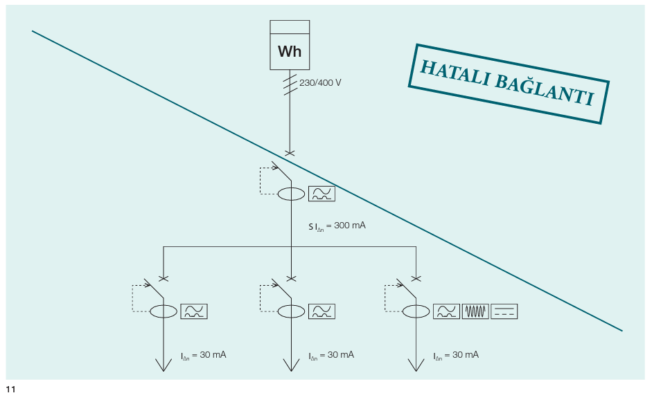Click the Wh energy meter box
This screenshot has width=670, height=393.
pyautogui.click(x=290, y=45)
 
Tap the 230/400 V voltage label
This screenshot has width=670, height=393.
pyautogui.click(x=320, y=83)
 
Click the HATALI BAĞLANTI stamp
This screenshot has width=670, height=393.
pyautogui.click(x=509, y=84)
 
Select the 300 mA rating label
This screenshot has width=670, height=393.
pyautogui.click(x=337, y=226)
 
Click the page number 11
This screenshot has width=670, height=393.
pyautogui.click(x=10, y=389)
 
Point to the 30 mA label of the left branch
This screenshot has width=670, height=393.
pyautogui.click(x=204, y=356)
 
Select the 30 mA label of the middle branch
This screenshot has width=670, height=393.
pyautogui.click(x=332, y=356)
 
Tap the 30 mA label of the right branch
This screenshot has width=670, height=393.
pyautogui.click(x=456, y=356)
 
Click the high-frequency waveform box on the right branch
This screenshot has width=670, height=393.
pyautogui.click(x=475, y=311)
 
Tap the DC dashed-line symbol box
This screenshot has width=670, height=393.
pyautogui.click(x=504, y=311)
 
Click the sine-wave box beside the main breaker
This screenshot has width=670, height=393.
pyautogui.click(x=321, y=194)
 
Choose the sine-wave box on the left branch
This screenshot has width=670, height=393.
pyautogui.click(x=194, y=311)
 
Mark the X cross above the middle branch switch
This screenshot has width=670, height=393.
pyautogui.click(x=291, y=279)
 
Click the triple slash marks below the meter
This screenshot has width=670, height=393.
pyautogui.click(x=290, y=84)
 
